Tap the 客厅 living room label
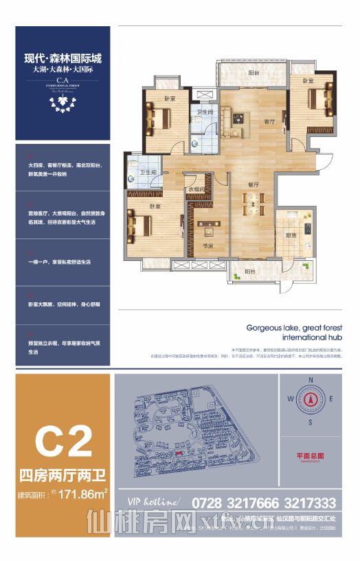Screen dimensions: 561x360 click(x=251, y=121)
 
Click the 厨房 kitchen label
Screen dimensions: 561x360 click(x=291, y=235)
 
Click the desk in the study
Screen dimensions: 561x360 click(x=208, y=225)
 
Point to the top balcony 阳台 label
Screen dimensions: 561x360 click(x=254, y=73)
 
